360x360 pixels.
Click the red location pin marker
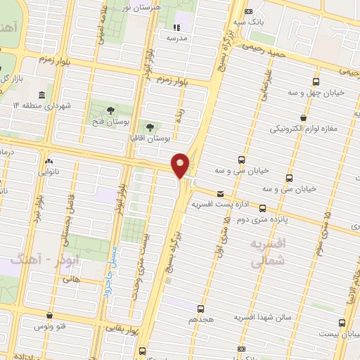181,164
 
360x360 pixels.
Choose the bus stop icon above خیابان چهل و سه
316,82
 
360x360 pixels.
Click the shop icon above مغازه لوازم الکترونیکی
302,118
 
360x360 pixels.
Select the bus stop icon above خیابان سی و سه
242,159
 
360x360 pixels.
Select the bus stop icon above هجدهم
200,308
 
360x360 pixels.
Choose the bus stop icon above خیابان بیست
342,323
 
